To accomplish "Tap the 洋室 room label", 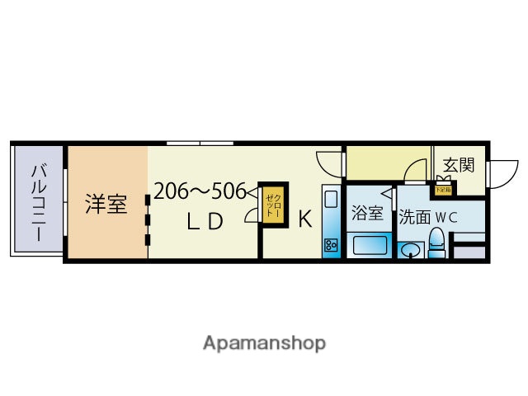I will click(106, 204).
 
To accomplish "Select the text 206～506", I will click(199, 191).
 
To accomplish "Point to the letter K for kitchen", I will click(304, 220).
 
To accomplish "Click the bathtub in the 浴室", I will click(368, 244).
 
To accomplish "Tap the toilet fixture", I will click(437, 243).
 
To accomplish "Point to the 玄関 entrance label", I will click(458, 164).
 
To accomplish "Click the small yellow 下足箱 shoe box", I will click(445, 189).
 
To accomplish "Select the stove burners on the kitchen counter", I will click(331, 244).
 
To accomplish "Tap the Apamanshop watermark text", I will click(264, 342).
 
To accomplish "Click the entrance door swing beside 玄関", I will click(497, 172).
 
